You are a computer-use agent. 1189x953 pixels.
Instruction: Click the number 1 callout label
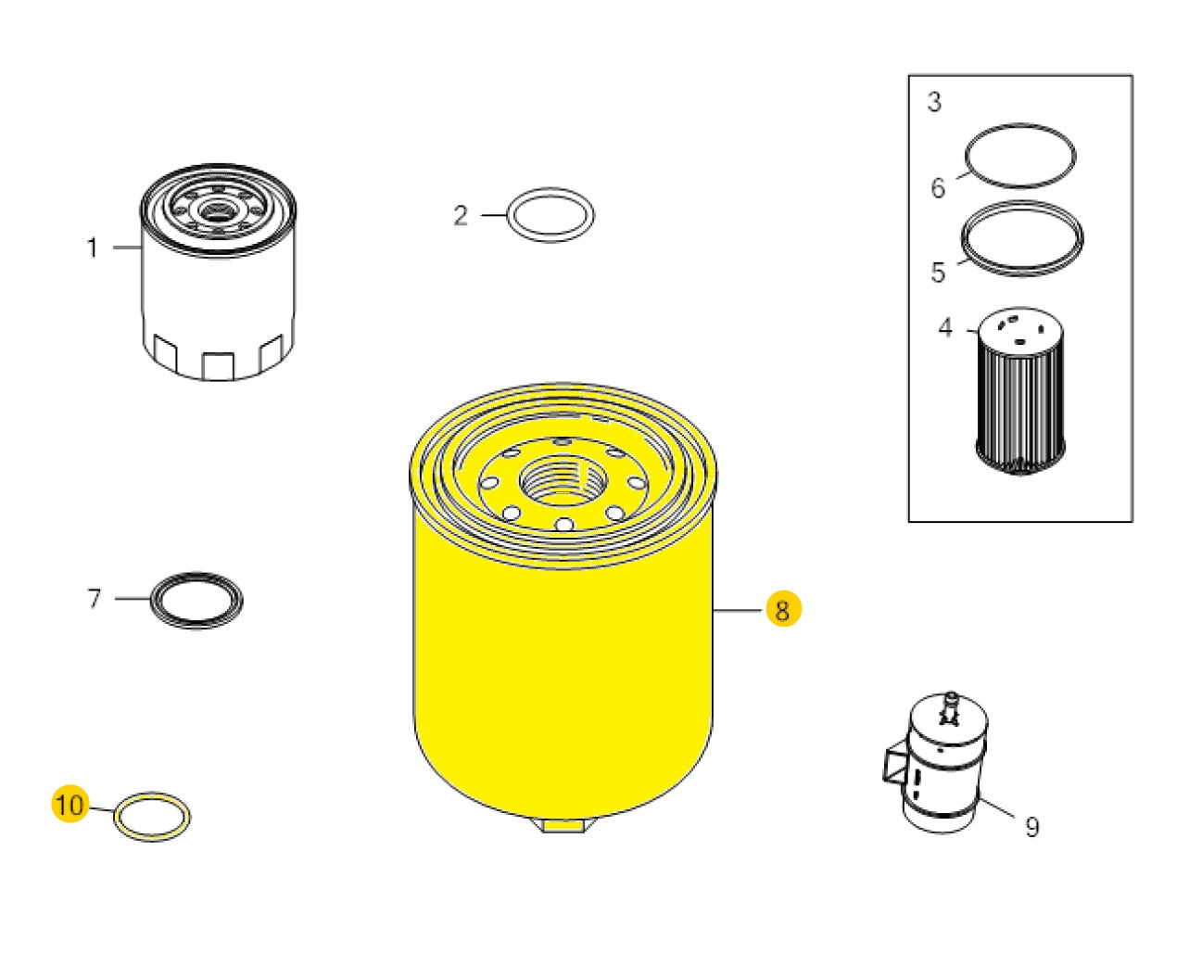[x=92, y=248]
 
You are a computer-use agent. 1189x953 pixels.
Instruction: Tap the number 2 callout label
[x=461, y=216]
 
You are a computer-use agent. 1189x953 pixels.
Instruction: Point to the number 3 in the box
[x=934, y=102]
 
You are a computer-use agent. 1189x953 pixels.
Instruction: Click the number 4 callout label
[x=945, y=328]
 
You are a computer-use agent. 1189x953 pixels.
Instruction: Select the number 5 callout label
[x=938, y=273]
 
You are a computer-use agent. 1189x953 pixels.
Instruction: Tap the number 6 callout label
[x=938, y=188]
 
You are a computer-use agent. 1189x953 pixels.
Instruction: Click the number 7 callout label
[x=94, y=599]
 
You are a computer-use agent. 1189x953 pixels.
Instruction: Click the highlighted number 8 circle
[x=783, y=610]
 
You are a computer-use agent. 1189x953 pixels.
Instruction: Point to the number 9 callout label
[x=1032, y=827]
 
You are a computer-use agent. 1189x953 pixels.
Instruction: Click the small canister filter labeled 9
[x=945, y=769]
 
